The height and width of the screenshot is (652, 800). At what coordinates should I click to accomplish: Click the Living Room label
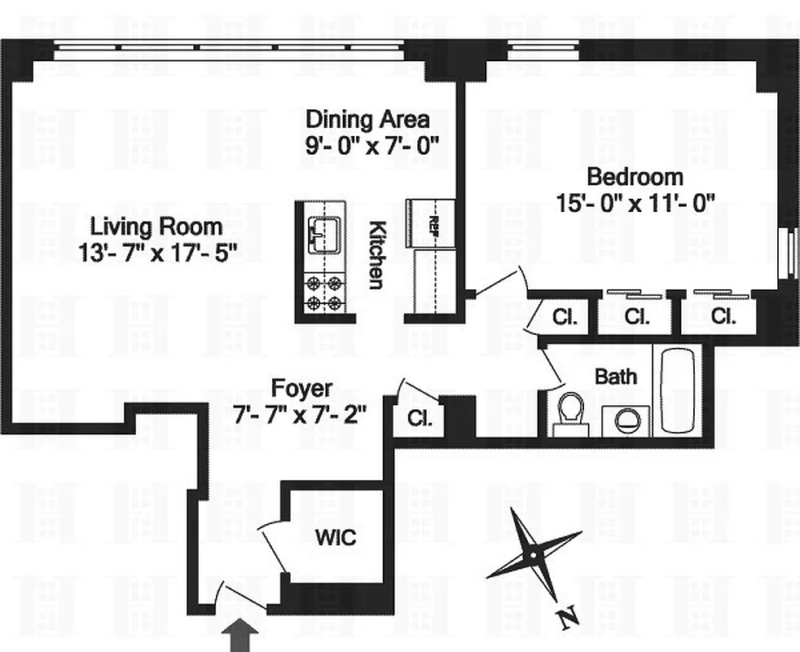tap(156, 226)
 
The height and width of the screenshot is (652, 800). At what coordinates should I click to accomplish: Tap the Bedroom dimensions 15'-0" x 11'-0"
tap(635, 202)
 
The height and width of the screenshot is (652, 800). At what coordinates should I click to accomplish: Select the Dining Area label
tap(367, 120)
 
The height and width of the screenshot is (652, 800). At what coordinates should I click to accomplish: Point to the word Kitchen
tap(376, 254)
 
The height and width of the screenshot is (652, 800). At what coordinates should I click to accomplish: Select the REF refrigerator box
tap(433, 221)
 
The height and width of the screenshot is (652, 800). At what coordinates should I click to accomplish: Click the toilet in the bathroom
tap(569, 412)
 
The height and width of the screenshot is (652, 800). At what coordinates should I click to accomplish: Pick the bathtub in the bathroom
tap(680, 390)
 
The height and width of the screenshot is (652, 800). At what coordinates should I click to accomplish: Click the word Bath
tap(616, 377)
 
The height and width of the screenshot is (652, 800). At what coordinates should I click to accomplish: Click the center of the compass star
tap(532, 555)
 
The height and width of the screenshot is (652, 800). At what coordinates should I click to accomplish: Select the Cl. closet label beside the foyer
tap(420, 420)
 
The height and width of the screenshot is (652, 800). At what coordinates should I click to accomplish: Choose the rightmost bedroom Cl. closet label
tap(723, 316)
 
